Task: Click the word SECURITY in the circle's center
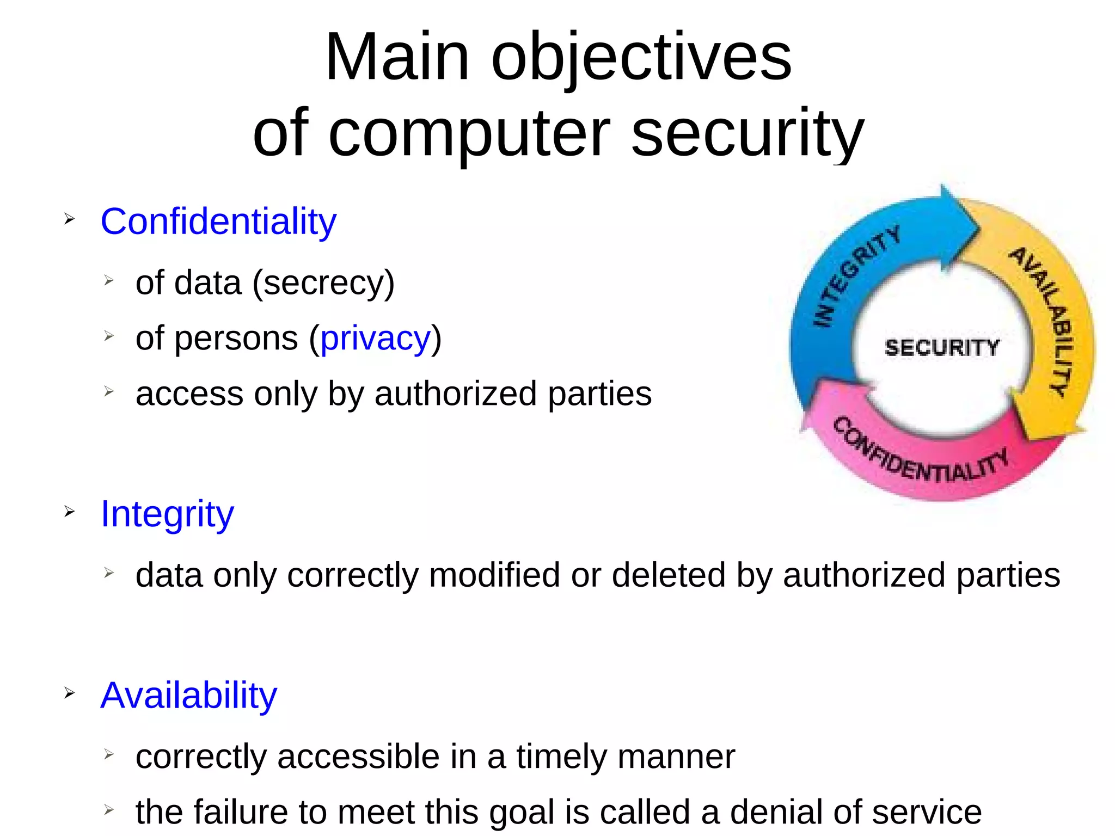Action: tap(942, 347)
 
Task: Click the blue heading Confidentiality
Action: tap(218, 222)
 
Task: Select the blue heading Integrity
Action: tap(167, 514)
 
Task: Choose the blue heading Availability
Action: tap(188, 695)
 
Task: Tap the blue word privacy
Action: tap(375, 338)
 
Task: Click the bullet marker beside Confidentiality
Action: tap(69, 219)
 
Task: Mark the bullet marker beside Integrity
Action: tap(69, 512)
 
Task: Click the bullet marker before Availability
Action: tap(69, 693)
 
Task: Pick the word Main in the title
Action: tap(397, 57)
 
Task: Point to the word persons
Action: tap(236, 338)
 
